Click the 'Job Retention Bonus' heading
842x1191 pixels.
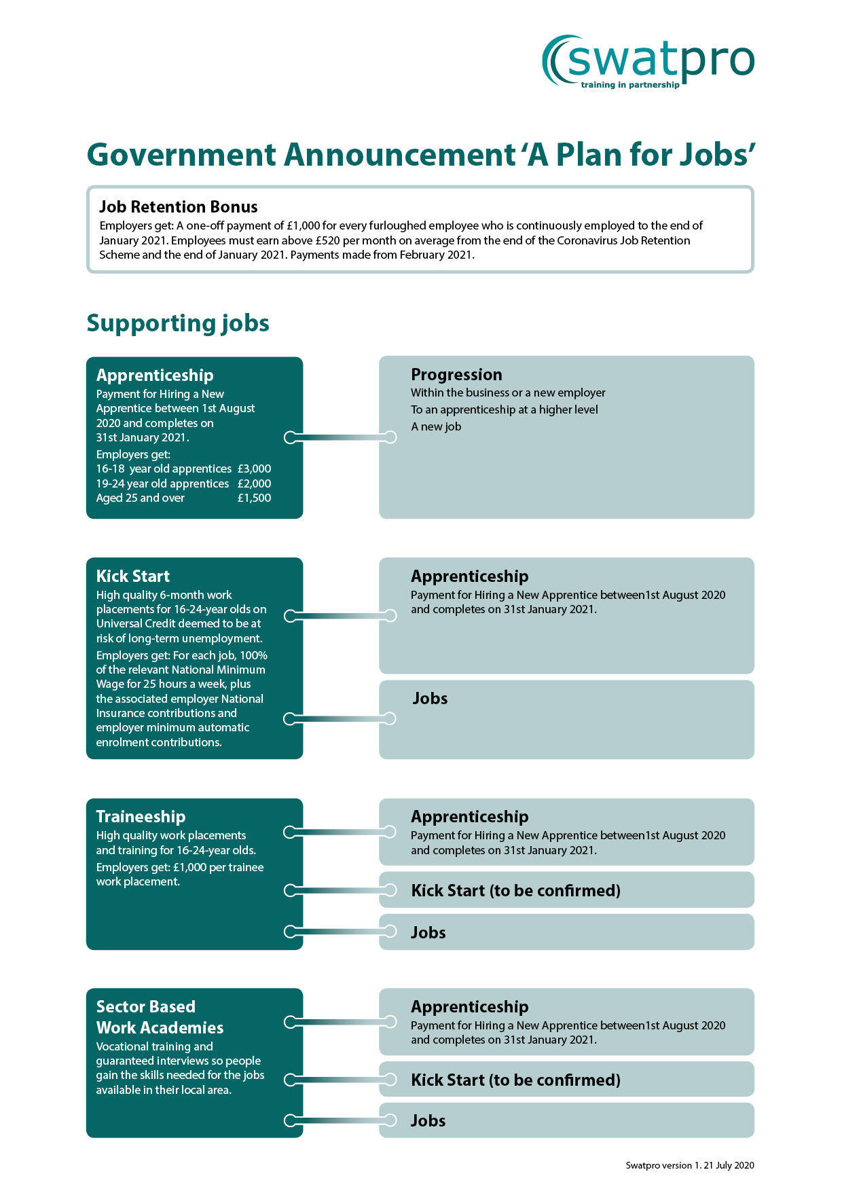coord(178,207)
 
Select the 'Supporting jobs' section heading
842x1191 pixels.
coord(178,323)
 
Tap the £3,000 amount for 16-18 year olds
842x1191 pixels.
coord(254,469)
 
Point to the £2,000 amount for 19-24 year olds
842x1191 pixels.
coord(254,483)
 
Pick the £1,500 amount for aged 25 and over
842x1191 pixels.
coord(254,498)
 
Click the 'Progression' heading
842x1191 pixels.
coord(456,375)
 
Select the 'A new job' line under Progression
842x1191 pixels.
coord(436,426)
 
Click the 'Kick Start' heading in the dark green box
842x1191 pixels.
coord(133,576)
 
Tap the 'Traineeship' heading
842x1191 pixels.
coord(141,817)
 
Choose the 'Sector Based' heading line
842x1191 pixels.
coord(145,1007)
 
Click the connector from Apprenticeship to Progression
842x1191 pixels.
coord(340,437)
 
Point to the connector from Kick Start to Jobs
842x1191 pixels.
coord(340,718)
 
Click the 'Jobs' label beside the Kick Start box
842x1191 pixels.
coord(430,699)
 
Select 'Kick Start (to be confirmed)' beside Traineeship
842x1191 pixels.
coord(515,891)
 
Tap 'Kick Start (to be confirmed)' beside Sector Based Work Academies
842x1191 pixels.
coord(515,1080)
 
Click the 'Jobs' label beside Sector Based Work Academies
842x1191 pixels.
coord(428,1121)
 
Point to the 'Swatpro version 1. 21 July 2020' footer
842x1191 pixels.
coord(689,1165)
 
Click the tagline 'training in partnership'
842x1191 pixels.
coord(629,85)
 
